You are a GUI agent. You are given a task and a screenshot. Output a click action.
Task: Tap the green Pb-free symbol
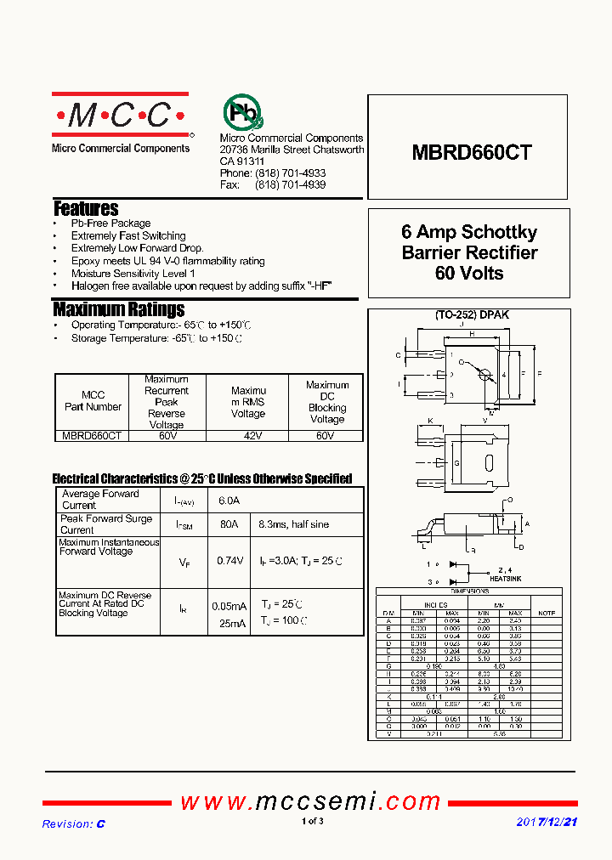pos(242,111)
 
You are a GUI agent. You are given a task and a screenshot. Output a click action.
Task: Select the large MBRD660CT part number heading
pos(472,153)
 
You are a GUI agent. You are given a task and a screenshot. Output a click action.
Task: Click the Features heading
pos(86,208)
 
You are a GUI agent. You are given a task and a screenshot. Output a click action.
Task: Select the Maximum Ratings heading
pos(118,309)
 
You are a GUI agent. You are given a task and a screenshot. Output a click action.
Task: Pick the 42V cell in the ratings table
pos(247,435)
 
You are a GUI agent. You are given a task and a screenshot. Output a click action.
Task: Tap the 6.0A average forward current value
pos(229,501)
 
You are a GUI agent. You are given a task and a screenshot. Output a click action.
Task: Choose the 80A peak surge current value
pos(229,524)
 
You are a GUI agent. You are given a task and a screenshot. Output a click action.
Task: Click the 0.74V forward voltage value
pos(229,561)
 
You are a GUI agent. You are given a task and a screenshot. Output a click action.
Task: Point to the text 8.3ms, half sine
pos(293,524)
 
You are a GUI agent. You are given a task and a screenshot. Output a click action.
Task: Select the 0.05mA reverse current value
pos(229,606)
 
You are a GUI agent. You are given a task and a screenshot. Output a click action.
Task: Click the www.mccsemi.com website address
pos(310,801)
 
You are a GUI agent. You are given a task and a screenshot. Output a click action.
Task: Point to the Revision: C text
pos(73,823)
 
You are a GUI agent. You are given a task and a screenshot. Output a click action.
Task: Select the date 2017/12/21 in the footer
pos(547,823)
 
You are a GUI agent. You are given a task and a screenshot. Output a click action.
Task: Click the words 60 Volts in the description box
pos(469,274)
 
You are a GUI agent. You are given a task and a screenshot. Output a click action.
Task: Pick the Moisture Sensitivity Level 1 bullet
pos(133,274)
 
